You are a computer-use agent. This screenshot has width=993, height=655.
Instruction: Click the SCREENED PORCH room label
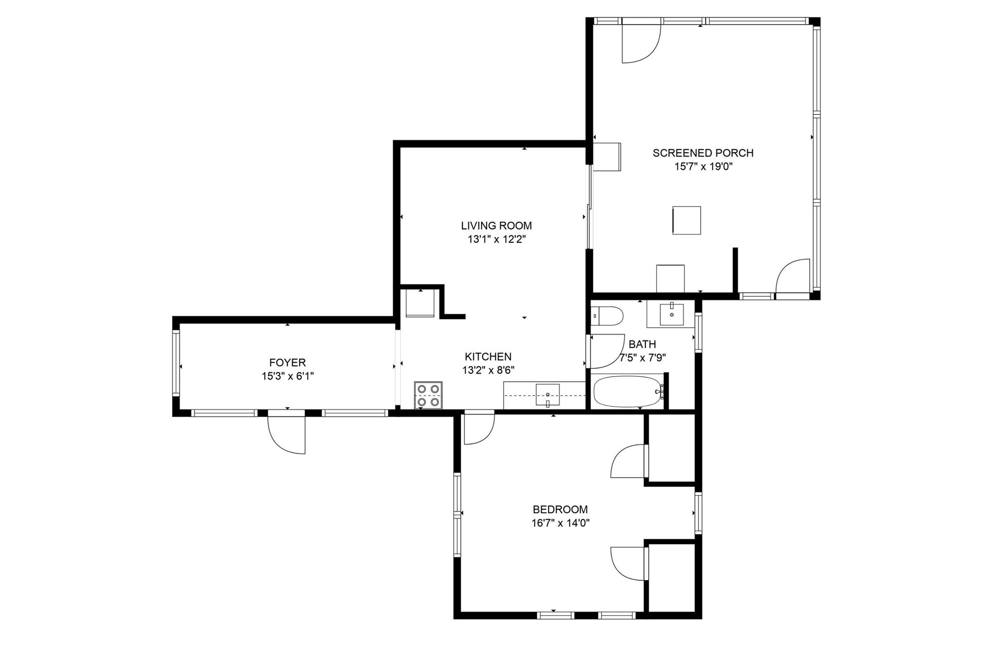(703, 153)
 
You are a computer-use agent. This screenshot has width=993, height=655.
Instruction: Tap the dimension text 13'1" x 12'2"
(496, 240)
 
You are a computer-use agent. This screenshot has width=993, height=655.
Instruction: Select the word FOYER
(288, 363)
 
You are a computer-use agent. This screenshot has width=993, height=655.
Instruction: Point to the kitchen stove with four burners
(428, 395)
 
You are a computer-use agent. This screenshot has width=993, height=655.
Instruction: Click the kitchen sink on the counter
(547, 395)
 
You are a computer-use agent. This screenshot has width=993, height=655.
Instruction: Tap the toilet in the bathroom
(607, 316)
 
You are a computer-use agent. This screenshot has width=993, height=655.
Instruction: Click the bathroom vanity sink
(672, 314)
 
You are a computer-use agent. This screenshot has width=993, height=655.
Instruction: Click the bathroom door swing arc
(606, 351)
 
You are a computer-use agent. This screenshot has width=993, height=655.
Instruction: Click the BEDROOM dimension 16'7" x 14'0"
(560, 523)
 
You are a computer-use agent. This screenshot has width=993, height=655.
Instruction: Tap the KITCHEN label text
(488, 357)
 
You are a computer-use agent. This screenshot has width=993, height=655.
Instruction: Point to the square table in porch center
(687, 221)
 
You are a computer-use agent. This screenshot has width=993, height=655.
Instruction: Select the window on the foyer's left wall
(176, 363)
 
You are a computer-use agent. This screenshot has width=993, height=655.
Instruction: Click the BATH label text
(642, 344)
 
